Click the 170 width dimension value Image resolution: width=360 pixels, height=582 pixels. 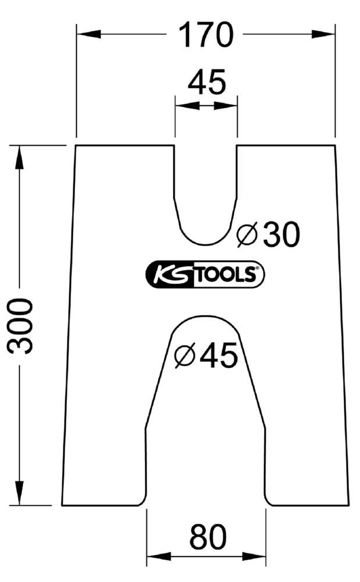coord(205,35)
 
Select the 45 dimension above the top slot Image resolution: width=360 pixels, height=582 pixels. coord(206,83)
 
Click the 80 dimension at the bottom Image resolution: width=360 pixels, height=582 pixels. coord(207,538)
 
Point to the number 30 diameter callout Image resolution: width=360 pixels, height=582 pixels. coord(281,235)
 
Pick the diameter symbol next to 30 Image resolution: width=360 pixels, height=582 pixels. coord(247,235)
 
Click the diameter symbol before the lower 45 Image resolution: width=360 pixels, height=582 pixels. coord(184,356)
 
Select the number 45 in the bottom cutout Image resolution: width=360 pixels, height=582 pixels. coord(219,355)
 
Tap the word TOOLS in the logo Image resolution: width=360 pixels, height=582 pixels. coord(222,275)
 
